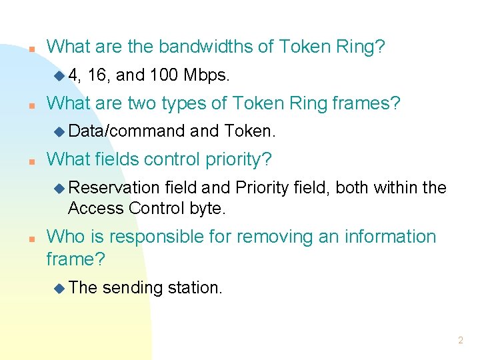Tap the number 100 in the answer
point(164,75)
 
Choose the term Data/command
point(127,131)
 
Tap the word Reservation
point(113,188)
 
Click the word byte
point(208,209)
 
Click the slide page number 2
point(460,340)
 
